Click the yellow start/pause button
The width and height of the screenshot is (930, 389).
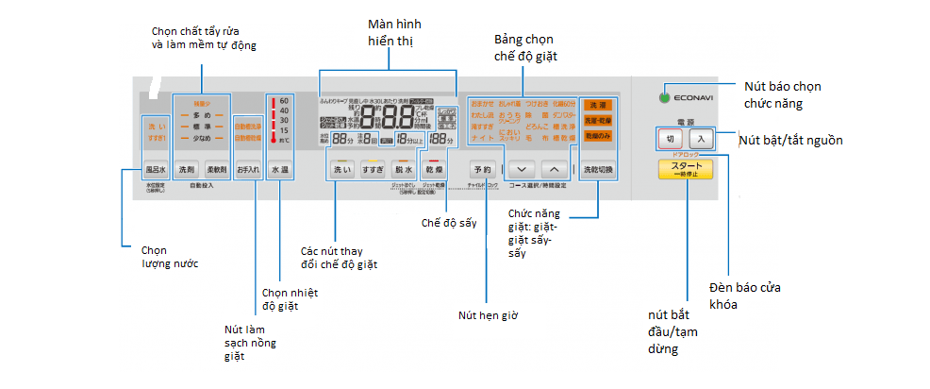[x=686, y=169]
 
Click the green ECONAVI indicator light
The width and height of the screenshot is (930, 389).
[x=666, y=96]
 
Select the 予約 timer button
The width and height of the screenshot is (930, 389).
[x=482, y=169]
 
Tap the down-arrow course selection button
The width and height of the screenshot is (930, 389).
[x=523, y=169]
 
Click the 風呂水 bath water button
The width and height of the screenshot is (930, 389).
[x=156, y=170]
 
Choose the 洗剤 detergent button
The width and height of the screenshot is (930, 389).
[x=187, y=170]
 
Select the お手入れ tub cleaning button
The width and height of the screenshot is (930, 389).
[x=248, y=170]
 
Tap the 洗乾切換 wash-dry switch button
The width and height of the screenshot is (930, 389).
[x=598, y=169]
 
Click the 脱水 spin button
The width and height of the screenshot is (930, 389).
[x=404, y=169]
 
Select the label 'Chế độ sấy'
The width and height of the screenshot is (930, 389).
[x=446, y=224]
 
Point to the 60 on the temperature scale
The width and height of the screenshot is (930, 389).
[x=284, y=99]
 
